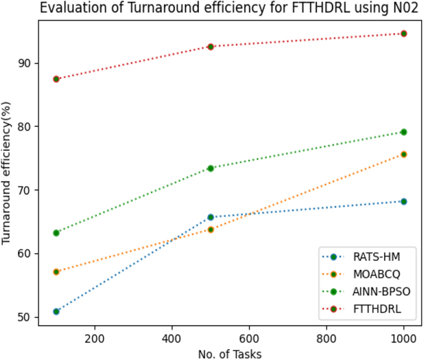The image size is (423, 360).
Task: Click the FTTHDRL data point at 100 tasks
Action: coord(56,79)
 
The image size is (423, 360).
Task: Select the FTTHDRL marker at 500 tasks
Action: coord(211,47)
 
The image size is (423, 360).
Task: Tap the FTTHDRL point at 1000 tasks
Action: coord(403,34)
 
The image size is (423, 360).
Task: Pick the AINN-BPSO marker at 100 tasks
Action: coord(56,233)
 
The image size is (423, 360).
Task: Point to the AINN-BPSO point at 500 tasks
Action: coord(211,168)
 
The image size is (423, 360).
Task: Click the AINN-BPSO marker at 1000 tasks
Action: coord(403,132)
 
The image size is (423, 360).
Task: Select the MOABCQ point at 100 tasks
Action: coord(56,272)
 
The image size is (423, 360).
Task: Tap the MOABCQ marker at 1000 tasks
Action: coord(403,154)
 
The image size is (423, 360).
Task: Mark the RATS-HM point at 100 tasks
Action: coord(56,311)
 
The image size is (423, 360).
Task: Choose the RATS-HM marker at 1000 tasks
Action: coord(403,201)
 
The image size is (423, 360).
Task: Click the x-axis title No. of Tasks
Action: coord(230,353)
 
